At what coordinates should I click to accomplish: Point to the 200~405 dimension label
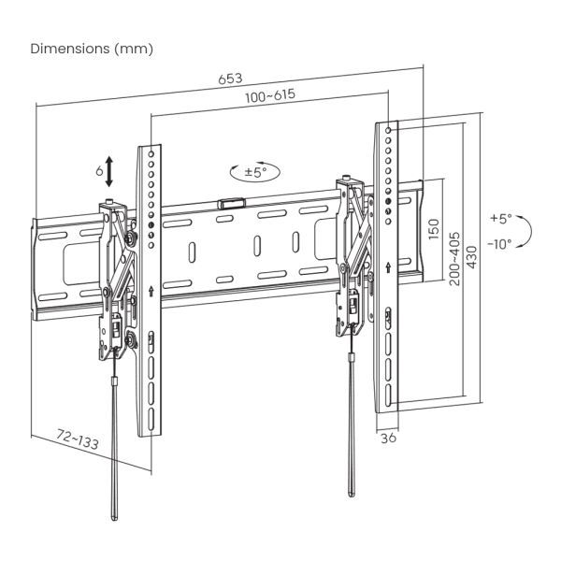[453, 252]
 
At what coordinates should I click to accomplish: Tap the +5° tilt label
[500, 219]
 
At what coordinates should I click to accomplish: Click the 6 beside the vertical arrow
[98, 172]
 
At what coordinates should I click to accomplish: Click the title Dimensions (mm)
[93, 48]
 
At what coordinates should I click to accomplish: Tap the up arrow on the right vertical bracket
[388, 269]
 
